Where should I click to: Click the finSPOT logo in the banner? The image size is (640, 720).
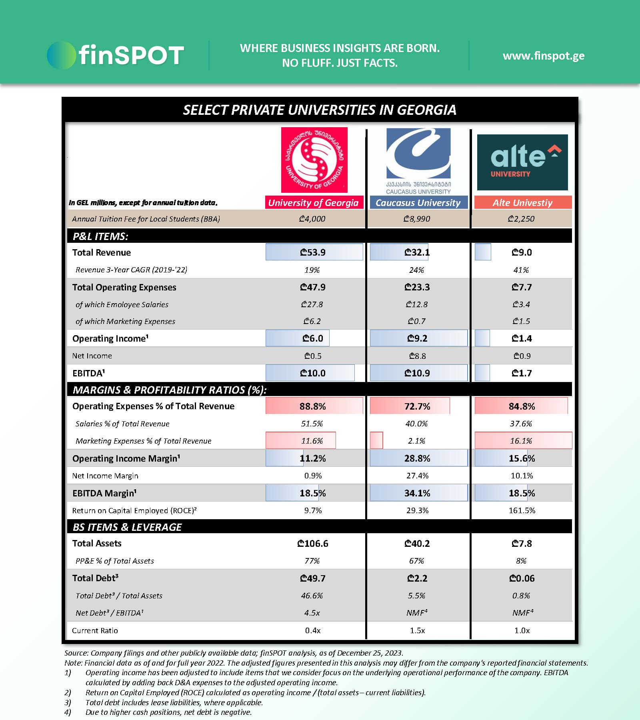[x=115, y=55]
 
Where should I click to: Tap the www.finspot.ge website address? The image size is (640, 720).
[x=543, y=56]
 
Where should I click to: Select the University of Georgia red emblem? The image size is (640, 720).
[x=314, y=160]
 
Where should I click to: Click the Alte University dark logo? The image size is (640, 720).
[x=522, y=162]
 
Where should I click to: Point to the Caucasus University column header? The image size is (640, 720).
[x=418, y=203]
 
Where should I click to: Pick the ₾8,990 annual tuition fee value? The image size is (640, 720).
[x=416, y=219]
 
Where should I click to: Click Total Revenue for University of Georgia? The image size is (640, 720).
[x=313, y=252]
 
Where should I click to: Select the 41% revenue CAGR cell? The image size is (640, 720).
[x=521, y=270]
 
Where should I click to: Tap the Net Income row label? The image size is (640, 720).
[x=92, y=356]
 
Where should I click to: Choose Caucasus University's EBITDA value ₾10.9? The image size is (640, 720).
[x=417, y=373]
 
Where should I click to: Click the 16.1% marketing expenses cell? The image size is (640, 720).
[x=521, y=441]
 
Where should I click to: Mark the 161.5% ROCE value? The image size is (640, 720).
[x=522, y=510]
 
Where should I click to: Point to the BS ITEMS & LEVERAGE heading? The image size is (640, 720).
[x=127, y=527]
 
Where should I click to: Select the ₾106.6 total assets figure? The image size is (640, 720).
[x=312, y=544]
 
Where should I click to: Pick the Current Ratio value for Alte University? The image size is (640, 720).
[x=522, y=630]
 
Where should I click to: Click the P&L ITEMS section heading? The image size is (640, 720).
[x=100, y=236]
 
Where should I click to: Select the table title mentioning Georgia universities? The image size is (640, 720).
[x=319, y=110]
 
